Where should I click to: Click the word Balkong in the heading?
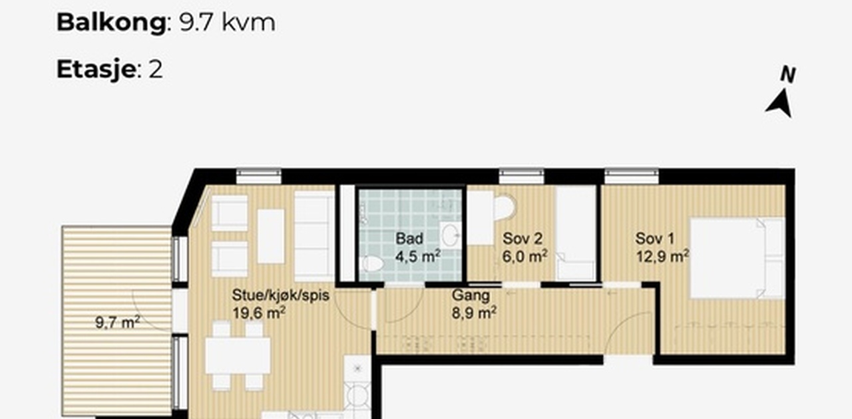(111, 23)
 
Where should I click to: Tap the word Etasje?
(96, 70)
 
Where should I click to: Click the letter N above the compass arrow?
(787, 74)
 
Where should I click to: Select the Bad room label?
(409, 239)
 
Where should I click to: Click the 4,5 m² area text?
(418, 256)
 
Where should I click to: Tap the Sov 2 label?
(523, 239)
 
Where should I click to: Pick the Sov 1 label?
(654, 239)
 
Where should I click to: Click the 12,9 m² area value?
(662, 256)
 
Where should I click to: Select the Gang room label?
(471, 295)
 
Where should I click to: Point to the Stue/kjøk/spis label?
(281, 295)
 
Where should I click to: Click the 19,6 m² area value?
(259, 313)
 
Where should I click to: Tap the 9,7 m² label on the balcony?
(118, 323)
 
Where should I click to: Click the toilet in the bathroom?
(371, 264)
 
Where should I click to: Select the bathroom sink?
(451, 235)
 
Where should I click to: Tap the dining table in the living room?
(238, 356)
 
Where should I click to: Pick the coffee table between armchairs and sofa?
(271, 237)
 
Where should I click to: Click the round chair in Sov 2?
(505, 208)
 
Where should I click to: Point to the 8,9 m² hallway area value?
(474, 313)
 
